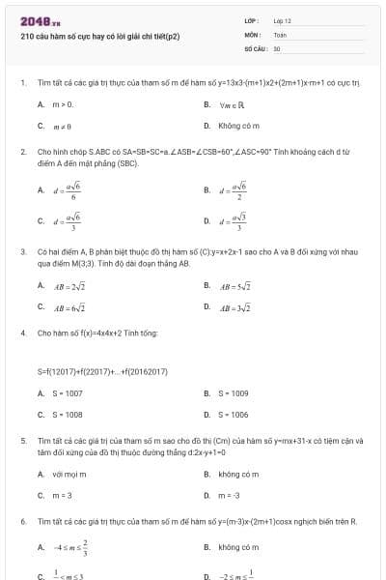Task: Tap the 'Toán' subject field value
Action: coord(280,33)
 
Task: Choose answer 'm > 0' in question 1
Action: coord(63,103)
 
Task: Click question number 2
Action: coord(22,152)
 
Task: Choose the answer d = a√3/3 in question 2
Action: coord(234,220)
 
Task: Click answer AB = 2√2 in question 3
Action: coord(69,286)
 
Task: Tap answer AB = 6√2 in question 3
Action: coord(69,307)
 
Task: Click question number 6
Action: coord(22,522)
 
